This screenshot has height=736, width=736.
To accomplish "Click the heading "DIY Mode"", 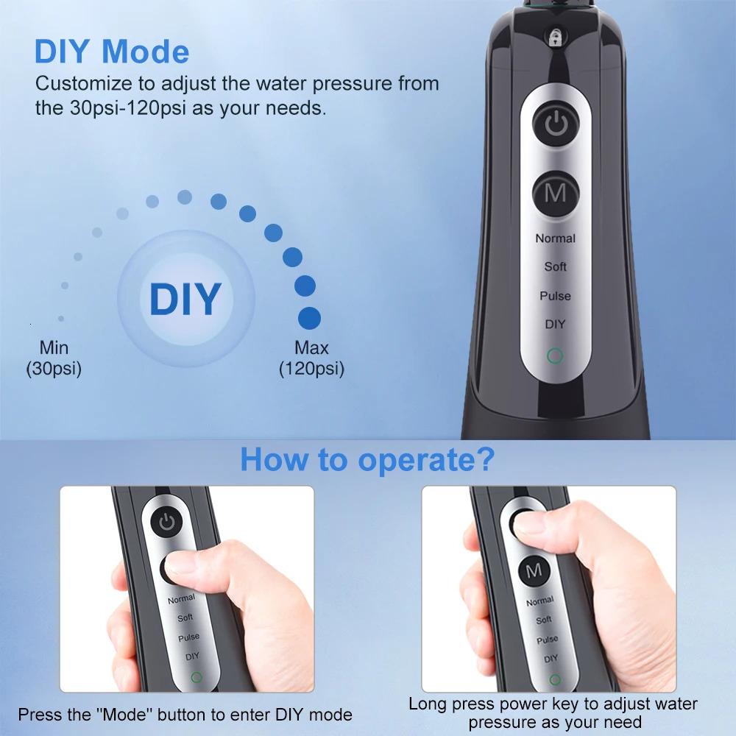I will click(111, 52).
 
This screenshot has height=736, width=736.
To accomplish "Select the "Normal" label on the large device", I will click(555, 238).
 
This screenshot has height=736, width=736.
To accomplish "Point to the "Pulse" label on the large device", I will click(555, 295).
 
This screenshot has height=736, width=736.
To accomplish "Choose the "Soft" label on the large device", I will click(555, 266).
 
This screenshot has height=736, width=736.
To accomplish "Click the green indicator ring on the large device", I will click(555, 357).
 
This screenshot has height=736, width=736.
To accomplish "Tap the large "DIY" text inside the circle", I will click(185, 298).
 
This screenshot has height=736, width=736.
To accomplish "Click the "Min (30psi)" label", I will click(54, 358).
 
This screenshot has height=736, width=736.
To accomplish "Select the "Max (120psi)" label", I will click(311, 358).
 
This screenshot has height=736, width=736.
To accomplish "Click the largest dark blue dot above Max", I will click(309, 318).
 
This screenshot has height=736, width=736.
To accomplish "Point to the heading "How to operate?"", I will click(367, 459).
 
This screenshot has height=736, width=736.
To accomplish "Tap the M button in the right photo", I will click(534, 570).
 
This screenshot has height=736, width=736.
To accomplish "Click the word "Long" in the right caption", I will click(426, 704).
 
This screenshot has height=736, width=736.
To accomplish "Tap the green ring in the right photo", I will click(555, 679).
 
